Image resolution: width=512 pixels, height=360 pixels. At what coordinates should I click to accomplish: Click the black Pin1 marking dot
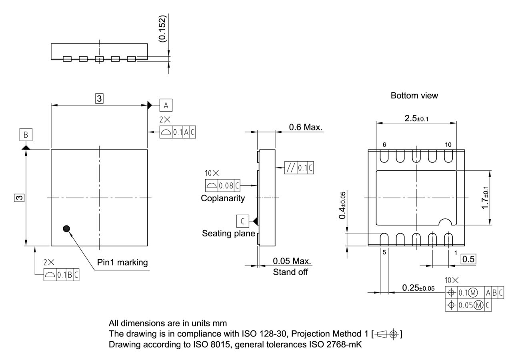click(66, 228)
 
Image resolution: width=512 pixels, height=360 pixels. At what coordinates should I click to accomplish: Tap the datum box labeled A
click(166, 105)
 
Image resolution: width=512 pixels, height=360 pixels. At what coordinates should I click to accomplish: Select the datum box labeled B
click(26, 135)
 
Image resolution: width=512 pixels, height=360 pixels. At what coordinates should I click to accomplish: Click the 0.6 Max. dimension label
click(306, 127)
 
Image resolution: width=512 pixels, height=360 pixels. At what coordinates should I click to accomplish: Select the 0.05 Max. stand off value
click(292, 261)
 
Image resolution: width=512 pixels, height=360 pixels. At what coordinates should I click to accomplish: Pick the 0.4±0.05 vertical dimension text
click(342, 205)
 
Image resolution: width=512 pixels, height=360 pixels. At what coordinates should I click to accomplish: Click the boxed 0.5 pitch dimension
click(468, 259)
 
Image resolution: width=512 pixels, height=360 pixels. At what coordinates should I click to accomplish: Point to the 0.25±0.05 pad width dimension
click(418, 288)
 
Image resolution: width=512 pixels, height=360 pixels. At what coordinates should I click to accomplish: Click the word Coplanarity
click(223, 198)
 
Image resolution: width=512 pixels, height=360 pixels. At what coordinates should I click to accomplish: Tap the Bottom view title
click(414, 96)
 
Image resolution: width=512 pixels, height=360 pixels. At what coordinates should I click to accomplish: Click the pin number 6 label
click(384, 145)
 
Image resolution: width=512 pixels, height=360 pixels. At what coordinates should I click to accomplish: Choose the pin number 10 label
click(448, 145)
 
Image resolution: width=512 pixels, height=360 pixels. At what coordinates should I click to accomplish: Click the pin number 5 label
click(384, 253)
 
